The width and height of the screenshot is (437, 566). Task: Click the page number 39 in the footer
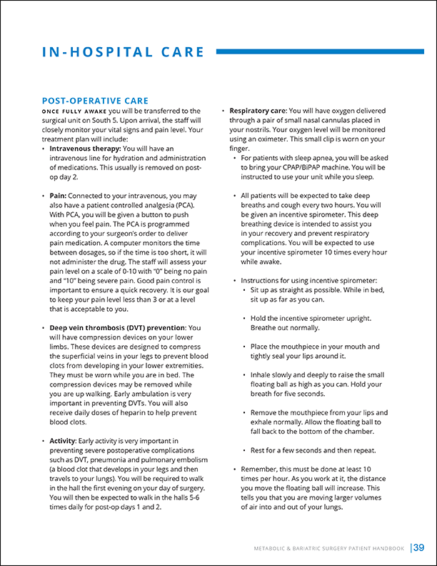pyautogui.click(x=419, y=548)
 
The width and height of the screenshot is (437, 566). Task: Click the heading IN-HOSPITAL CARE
pyautogui.click(x=124, y=52)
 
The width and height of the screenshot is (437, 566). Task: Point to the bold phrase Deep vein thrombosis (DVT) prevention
pyautogui.click(x=117, y=327)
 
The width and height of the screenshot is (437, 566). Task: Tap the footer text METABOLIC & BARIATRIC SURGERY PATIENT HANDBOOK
pyautogui.click(x=331, y=549)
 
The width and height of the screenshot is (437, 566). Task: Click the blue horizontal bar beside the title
pyautogui.click(x=321, y=51)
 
